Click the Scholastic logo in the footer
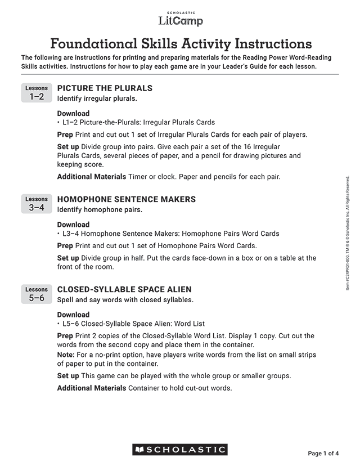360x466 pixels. pos(180,450)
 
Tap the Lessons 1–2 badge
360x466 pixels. pos(37,93)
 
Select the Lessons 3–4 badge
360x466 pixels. pos(37,204)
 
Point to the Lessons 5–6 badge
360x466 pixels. pos(37,294)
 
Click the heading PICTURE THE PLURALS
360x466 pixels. pos(105,88)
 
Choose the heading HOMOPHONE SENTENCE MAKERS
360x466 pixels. pos(127,199)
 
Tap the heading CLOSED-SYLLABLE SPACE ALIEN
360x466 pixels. pos(124,290)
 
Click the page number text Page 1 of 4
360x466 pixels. pos(323,453)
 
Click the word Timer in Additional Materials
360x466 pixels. pos(138,177)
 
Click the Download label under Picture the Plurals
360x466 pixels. pos(73,114)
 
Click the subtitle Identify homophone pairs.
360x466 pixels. pos(100,210)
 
